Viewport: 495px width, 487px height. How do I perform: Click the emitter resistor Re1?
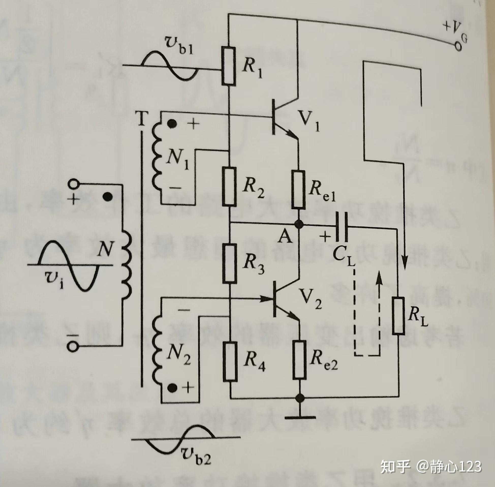[299, 190]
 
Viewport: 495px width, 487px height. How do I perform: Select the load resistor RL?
[399, 316]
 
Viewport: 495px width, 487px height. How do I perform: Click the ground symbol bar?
[300, 418]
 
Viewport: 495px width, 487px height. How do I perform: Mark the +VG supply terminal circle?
[458, 47]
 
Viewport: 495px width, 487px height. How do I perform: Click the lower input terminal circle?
[73, 347]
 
